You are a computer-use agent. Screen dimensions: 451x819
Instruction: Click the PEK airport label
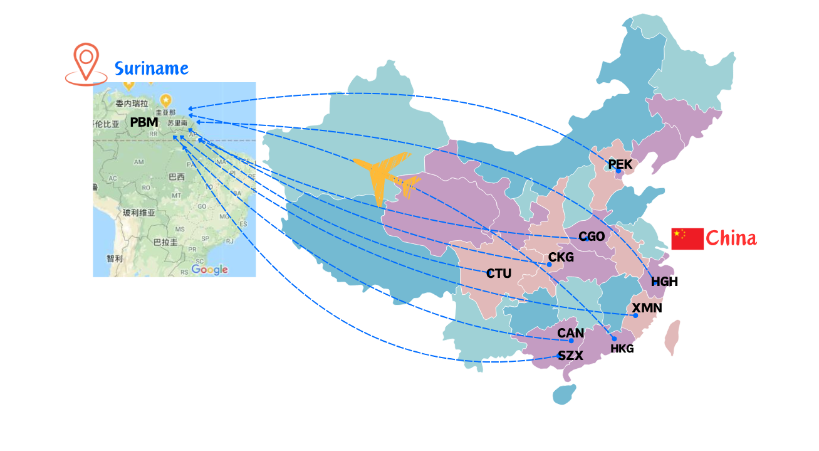click(x=620, y=164)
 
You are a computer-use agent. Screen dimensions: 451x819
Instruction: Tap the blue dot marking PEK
click(x=618, y=171)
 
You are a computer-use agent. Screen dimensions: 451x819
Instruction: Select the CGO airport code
click(x=592, y=236)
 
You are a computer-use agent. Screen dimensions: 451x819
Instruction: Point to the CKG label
click(x=561, y=257)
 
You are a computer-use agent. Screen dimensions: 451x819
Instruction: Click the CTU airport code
click(x=499, y=273)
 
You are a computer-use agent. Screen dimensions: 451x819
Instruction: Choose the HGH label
click(x=664, y=282)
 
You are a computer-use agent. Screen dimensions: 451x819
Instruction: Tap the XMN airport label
click(x=647, y=308)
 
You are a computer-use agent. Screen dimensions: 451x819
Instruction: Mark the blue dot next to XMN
click(x=635, y=315)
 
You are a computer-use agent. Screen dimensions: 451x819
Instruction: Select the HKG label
click(x=622, y=349)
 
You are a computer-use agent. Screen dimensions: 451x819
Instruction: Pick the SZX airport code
click(x=571, y=356)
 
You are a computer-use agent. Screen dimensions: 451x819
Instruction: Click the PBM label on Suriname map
click(x=144, y=122)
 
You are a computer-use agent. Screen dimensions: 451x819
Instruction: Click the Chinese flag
click(x=687, y=239)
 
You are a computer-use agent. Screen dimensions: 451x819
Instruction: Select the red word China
click(x=731, y=239)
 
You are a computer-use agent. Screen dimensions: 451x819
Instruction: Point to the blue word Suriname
click(x=151, y=68)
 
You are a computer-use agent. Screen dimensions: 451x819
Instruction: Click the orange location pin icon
click(x=86, y=63)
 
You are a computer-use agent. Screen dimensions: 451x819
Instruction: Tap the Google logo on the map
click(x=209, y=269)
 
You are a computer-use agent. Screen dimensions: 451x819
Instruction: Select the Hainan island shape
click(x=565, y=394)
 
